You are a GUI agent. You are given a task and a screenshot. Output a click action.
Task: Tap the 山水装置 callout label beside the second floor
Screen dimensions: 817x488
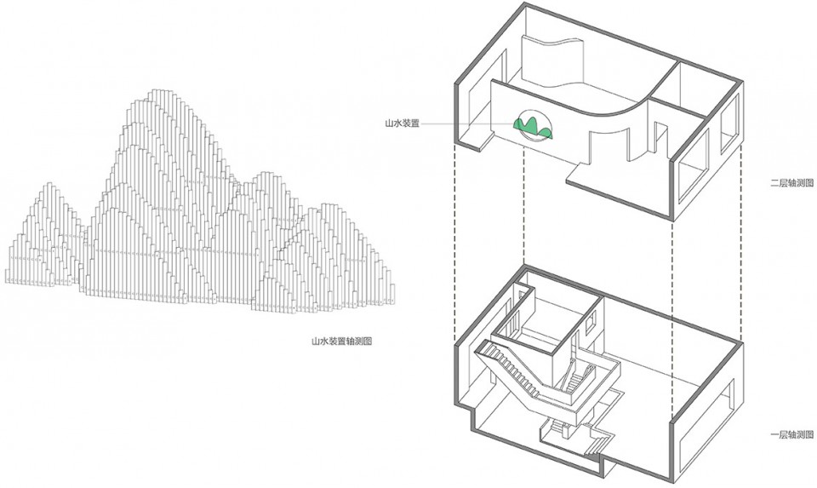pyautogui.click(x=402, y=124)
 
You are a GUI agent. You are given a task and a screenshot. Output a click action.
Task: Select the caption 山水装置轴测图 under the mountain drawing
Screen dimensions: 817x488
pyautogui.click(x=342, y=342)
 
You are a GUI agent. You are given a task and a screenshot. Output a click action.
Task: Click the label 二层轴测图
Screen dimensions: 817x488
pyautogui.click(x=792, y=183)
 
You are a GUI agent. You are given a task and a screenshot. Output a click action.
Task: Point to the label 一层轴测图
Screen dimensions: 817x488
pyautogui.click(x=792, y=435)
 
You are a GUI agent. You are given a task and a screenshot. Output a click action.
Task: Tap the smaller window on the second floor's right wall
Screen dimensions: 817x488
pyautogui.click(x=729, y=125)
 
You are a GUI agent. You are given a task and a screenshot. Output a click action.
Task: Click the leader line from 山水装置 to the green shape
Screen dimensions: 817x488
pyautogui.click(x=467, y=124)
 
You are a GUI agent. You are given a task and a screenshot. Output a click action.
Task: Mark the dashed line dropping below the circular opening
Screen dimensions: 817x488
pyautogui.click(x=523, y=203)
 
